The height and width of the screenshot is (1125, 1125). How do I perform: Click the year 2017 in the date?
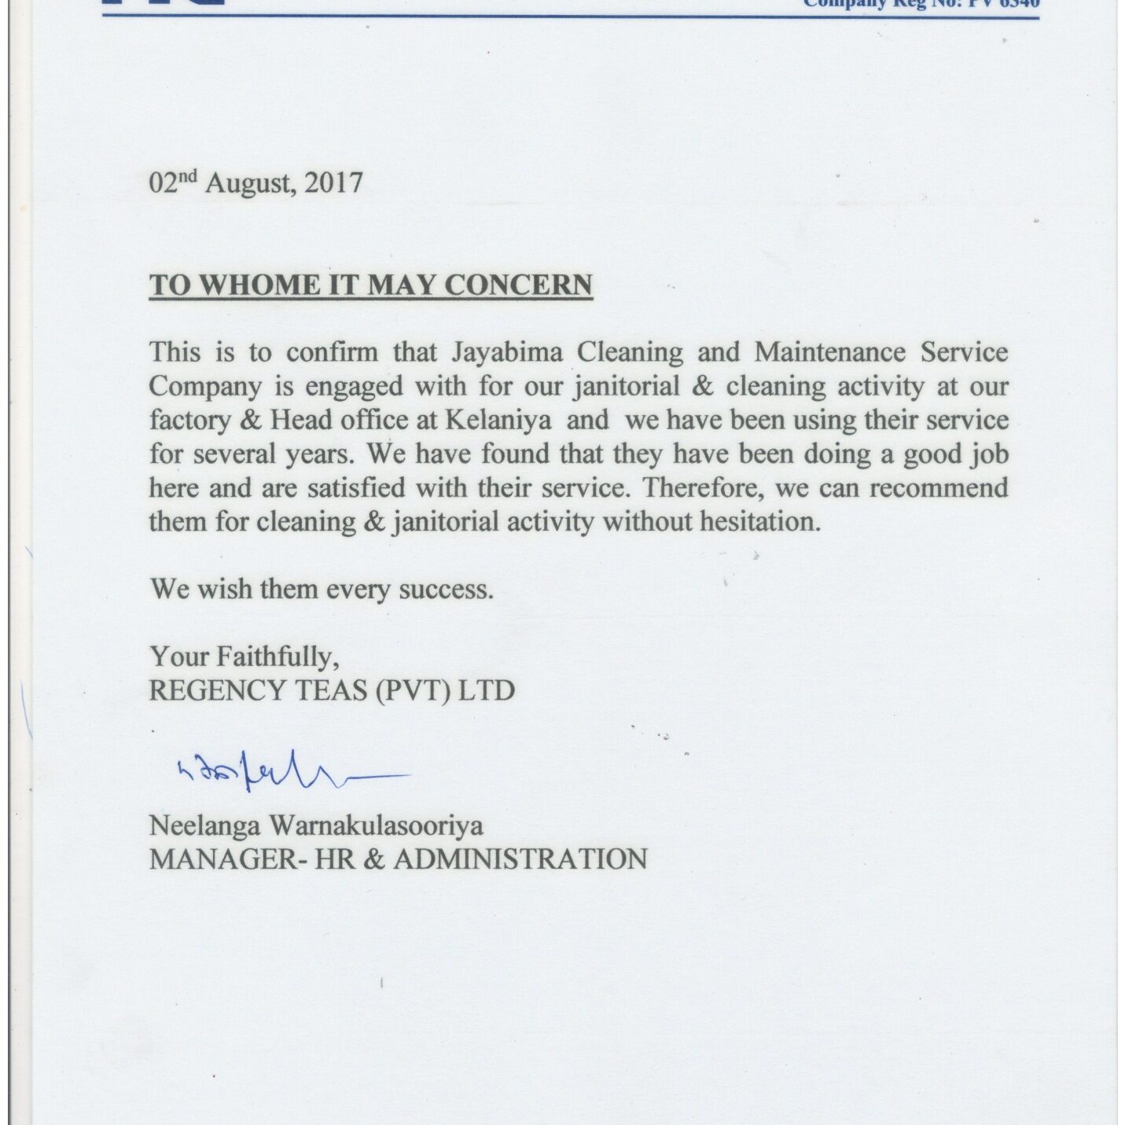click(333, 183)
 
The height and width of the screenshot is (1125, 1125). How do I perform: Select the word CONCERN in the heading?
click(519, 285)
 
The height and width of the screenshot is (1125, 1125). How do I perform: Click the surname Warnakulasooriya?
click(377, 825)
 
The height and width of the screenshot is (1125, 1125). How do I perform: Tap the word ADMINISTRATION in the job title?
click(520, 859)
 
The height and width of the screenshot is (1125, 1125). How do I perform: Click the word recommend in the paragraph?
click(938, 488)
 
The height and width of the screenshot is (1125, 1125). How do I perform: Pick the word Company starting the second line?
click(205, 387)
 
